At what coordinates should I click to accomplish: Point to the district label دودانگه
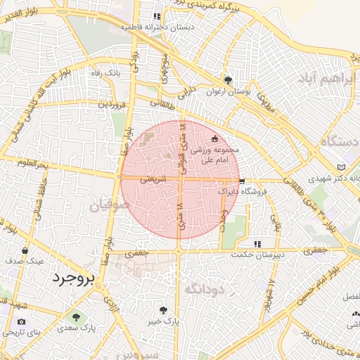(203, 288)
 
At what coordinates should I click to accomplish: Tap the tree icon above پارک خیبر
(164, 309)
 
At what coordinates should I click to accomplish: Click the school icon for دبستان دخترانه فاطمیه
(157, 15)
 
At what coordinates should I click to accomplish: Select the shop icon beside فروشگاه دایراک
(242, 181)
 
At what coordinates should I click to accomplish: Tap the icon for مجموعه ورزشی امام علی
(214, 139)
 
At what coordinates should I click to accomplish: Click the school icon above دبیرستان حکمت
(257, 243)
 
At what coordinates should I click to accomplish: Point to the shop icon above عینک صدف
(25, 250)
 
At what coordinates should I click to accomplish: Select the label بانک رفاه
(108, 72)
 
